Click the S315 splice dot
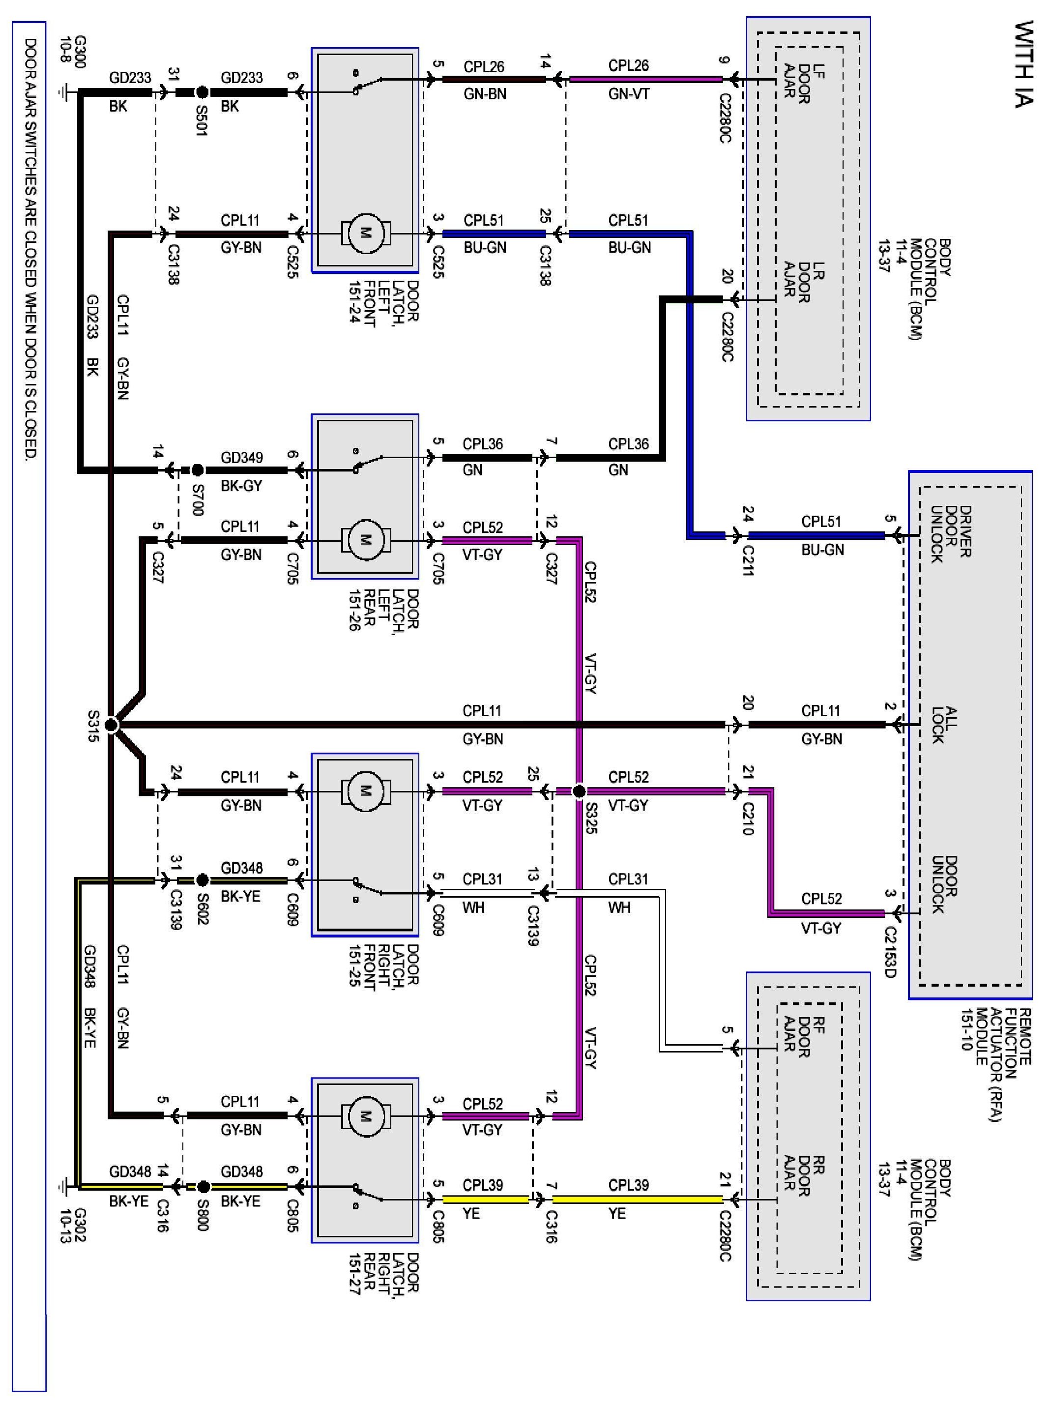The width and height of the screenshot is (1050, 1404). coord(111,724)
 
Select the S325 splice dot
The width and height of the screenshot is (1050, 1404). coord(579,791)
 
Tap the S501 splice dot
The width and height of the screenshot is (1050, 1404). coord(202,92)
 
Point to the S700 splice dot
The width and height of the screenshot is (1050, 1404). coord(198,470)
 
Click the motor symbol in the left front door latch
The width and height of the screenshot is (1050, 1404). coord(366,234)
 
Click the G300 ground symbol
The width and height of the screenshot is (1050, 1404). coord(63,92)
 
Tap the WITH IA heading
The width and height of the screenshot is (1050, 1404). coord(1023,63)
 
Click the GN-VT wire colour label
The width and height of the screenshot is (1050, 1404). coord(629,94)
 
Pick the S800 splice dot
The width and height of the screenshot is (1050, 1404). coord(203,1186)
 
